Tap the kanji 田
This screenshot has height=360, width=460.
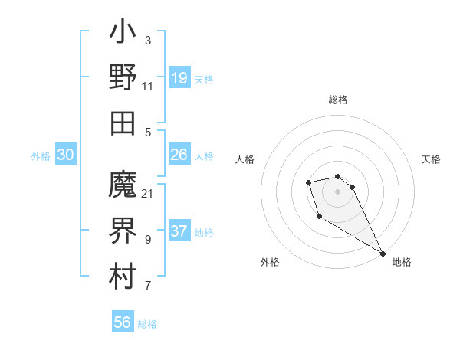(123, 123)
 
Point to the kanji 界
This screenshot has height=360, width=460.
(123, 231)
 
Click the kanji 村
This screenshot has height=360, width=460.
(123, 276)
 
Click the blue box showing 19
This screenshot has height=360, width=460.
(179, 77)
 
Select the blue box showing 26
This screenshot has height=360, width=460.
(179, 155)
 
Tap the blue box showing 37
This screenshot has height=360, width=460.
(179, 232)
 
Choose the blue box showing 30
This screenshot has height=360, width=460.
(65, 155)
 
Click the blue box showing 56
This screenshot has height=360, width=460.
(123, 322)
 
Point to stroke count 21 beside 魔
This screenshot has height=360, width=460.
(148, 193)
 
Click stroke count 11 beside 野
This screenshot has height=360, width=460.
(148, 86)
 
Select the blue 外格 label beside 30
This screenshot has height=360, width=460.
(41, 156)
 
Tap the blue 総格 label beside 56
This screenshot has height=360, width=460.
(147, 324)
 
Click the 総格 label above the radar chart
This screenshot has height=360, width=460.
(338, 100)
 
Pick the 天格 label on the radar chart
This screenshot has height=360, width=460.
(431, 159)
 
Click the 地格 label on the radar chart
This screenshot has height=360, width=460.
(402, 262)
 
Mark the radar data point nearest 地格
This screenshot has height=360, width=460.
(383, 253)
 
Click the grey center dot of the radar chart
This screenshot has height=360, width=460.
(338, 190)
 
